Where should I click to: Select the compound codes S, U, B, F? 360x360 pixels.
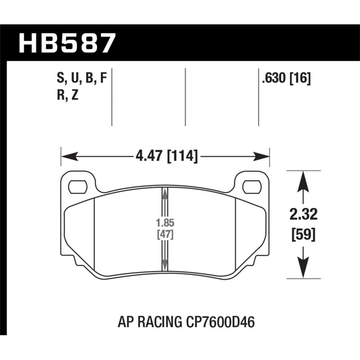(x=81, y=79)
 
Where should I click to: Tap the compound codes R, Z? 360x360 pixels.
(x=68, y=96)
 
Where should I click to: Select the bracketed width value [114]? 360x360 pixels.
(x=182, y=157)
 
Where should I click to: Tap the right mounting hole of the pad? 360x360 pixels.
(x=251, y=185)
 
